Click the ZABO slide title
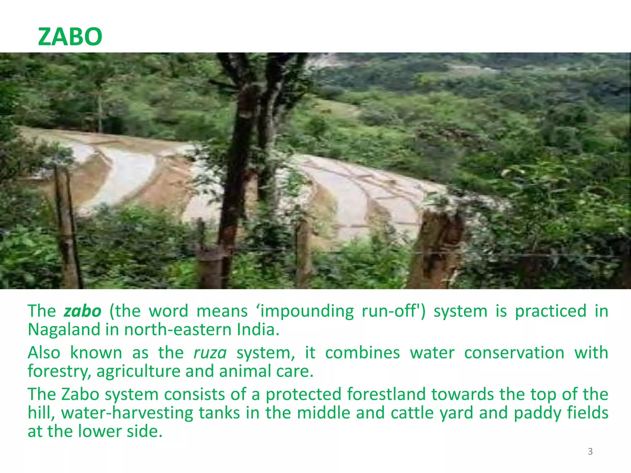point(70,37)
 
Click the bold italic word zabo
point(82,311)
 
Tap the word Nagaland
point(64,329)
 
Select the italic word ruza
point(210,353)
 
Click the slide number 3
point(590,451)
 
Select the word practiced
point(551,311)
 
